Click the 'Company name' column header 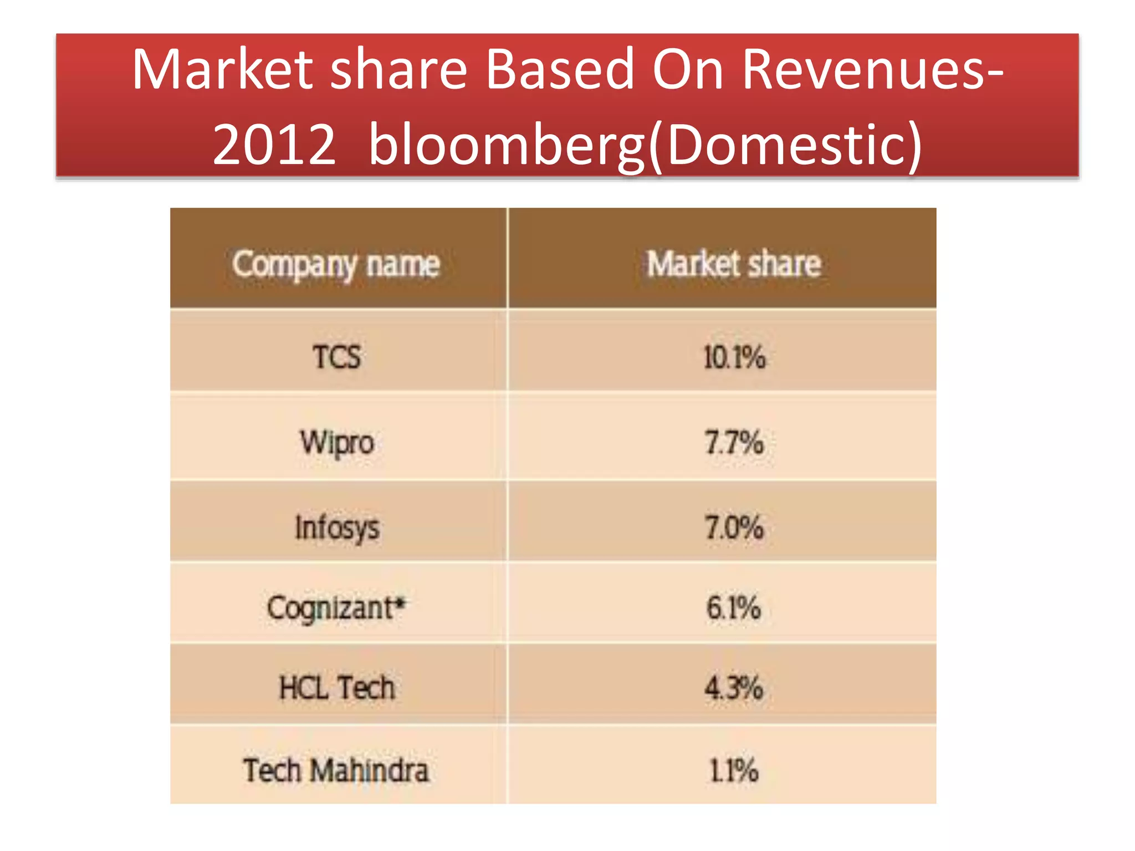(336, 264)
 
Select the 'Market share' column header (734, 264)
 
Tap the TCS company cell (337, 356)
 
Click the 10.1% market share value (734, 357)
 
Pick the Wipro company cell (337, 443)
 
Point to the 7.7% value (734, 443)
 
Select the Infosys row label (337, 527)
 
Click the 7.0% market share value (734, 527)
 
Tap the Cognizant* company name (331, 608)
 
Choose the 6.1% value (734, 608)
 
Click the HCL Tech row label (337, 688)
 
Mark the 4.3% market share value (734, 688)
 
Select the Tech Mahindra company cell (336, 770)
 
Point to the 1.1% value (734, 770)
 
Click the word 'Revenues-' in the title (872, 70)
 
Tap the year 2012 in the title (274, 145)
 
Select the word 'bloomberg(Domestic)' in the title (645, 145)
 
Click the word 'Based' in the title (560, 70)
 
